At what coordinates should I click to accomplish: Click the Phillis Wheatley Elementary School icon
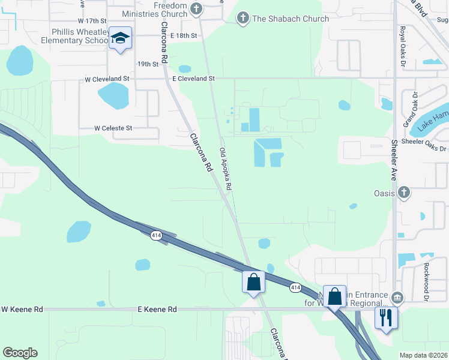coord(121,39)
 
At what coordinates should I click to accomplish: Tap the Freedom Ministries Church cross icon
coord(196,8)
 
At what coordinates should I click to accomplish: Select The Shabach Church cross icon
coord(243,19)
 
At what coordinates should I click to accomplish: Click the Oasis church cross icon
coord(404,193)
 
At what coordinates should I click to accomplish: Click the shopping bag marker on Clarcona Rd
coord(253,281)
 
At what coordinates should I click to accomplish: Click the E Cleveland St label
coord(193,79)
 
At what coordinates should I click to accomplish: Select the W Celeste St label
coord(113,128)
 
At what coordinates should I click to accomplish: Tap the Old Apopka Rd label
coord(226,169)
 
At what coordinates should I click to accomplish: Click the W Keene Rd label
coord(22,309)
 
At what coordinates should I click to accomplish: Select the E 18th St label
coord(184,36)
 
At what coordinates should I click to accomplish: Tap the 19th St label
coord(148,63)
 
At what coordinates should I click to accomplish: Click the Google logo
coord(20,353)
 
